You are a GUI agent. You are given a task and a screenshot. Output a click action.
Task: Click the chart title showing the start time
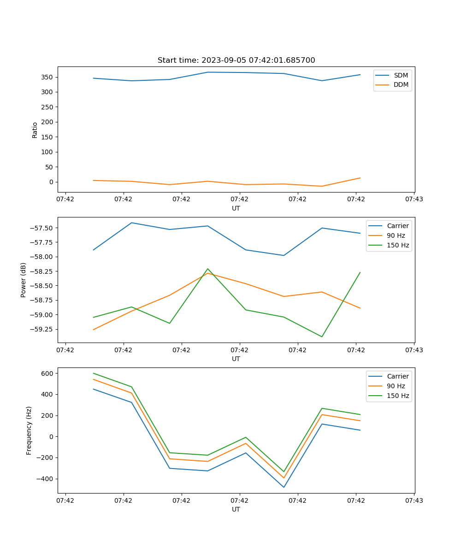(x=236, y=60)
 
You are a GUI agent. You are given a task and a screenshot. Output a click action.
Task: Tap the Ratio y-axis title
(x=35, y=130)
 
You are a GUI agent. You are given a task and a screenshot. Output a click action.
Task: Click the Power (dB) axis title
(x=24, y=280)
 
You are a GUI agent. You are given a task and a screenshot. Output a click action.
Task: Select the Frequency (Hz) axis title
(x=29, y=430)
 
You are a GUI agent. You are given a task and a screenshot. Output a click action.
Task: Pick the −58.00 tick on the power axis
(x=43, y=257)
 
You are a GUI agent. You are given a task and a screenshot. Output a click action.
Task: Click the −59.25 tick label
(x=43, y=329)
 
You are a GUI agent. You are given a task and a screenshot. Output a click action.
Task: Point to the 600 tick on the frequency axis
(x=48, y=373)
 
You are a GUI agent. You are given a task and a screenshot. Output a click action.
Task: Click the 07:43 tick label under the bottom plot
(x=414, y=500)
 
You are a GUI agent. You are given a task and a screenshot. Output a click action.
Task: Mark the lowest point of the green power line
(x=322, y=337)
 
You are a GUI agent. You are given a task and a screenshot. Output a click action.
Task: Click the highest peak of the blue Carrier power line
(x=131, y=223)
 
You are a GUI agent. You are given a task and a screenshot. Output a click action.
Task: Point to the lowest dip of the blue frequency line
(x=284, y=487)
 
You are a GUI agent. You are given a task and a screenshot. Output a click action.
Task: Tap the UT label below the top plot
(x=236, y=208)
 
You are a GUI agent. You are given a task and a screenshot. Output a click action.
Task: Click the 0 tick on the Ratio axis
(x=51, y=182)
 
